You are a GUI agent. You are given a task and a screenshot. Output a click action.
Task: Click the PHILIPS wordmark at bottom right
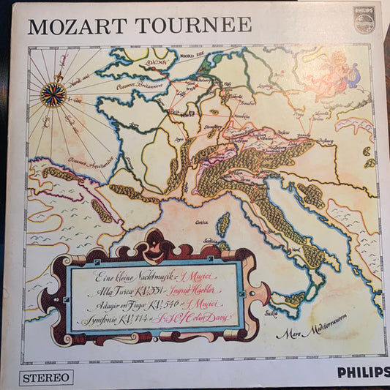363,372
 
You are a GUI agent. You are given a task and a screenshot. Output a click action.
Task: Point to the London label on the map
157,64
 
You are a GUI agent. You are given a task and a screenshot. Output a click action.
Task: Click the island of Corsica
224,223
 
